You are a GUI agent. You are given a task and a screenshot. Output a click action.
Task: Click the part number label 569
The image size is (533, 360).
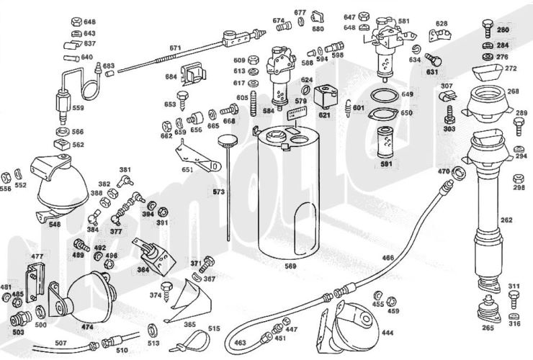click(x=291, y=266)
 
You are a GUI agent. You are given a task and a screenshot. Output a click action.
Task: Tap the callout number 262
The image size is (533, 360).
click(x=506, y=220)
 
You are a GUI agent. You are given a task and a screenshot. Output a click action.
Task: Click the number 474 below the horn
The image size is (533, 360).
click(x=87, y=326)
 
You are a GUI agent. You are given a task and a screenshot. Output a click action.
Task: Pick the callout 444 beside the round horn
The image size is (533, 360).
click(x=388, y=333)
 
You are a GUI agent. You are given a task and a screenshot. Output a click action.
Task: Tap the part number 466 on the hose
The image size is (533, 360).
click(x=388, y=257)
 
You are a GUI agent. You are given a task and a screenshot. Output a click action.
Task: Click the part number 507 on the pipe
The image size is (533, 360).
click(x=61, y=342)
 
